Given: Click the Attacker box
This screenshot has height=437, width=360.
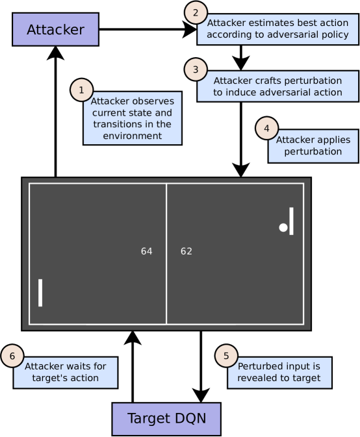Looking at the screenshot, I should (x=55, y=29).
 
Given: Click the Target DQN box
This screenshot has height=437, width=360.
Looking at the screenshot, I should (x=166, y=418).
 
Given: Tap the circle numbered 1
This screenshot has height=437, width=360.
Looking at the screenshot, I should (x=81, y=91).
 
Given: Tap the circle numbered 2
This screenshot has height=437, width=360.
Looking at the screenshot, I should (x=196, y=12).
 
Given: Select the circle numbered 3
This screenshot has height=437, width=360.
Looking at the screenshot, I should (x=195, y=69).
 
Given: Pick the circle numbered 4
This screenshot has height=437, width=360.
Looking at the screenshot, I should (x=266, y=128).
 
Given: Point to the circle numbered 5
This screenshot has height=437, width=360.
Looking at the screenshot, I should (x=226, y=355).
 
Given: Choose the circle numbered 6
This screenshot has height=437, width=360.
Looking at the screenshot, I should (x=12, y=355).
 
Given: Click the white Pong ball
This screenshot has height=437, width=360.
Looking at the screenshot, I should (x=283, y=227).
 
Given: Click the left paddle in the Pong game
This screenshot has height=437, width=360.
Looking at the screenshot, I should (x=40, y=292).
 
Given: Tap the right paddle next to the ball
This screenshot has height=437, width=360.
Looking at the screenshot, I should (x=291, y=221).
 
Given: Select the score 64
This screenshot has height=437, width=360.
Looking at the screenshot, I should (x=147, y=251).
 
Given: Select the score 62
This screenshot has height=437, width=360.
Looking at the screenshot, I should (x=186, y=251).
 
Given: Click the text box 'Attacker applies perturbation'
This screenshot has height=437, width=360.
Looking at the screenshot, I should (x=313, y=146).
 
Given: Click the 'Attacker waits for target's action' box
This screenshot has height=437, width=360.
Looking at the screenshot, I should (x=66, y=372).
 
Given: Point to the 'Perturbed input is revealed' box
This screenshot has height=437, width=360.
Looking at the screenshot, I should (x=279, y=372).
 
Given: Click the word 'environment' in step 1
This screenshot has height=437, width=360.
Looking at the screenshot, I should (x=133, y=136).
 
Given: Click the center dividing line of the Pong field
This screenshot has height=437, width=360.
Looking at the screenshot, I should (x=166, y=286).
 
